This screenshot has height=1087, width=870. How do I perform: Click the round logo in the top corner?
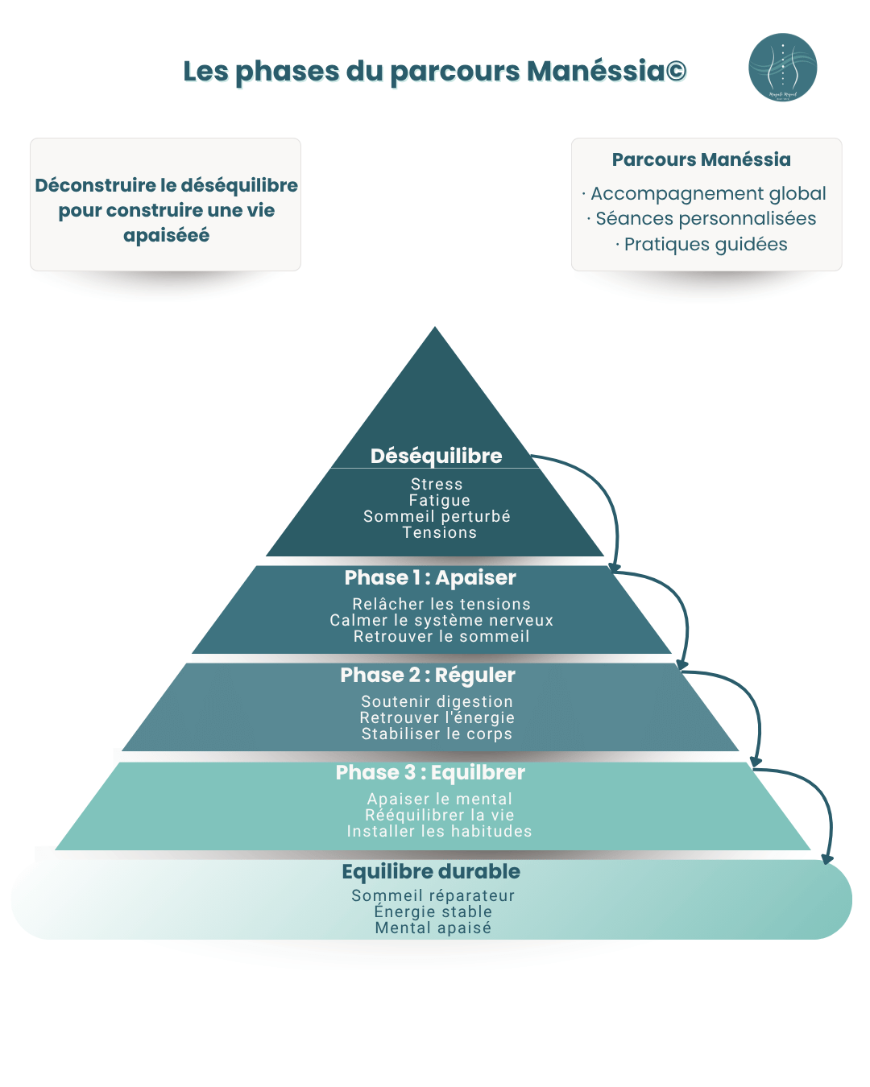coord(782,68)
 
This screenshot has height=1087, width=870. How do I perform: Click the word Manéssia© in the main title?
coord(606,71)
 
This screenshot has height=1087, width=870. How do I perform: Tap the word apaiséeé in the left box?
coord(166,235)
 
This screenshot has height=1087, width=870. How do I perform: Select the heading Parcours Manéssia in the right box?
coord(701,159)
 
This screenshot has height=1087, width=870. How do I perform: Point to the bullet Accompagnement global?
coord(708,193)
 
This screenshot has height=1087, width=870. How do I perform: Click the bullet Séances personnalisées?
coord(706,218)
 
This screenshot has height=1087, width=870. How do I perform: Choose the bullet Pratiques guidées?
coord(706,244)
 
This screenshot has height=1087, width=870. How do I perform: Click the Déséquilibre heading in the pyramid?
coord(436,456)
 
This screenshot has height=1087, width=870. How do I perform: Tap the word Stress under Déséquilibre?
coord(437,484)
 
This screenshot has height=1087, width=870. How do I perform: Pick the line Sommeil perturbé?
coord(437,516)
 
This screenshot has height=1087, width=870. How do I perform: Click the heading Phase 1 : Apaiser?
coord(430,577)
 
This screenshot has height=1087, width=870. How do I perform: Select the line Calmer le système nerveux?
coord(441,620)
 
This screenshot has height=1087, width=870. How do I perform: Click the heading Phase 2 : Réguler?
coord(428,675)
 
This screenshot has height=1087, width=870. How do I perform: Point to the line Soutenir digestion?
coord(437,701)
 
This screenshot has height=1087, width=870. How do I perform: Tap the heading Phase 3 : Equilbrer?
coord(430,772)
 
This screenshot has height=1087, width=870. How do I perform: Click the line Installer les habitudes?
coord(439,831)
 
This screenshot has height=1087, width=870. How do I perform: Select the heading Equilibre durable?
coord(431,871)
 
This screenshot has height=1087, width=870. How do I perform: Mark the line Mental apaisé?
coord(433,928)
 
